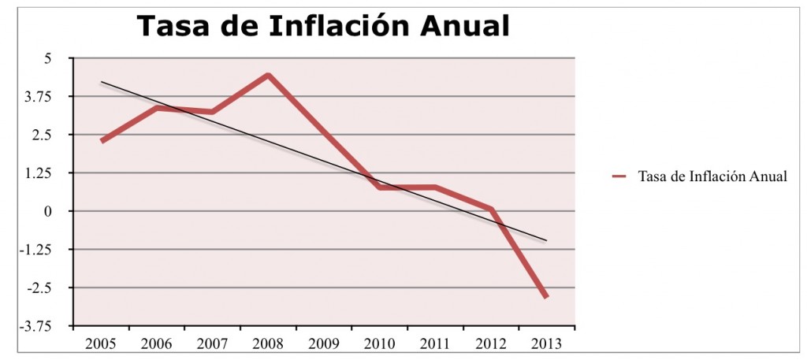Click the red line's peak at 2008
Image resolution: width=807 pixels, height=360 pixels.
[x=269, y=76]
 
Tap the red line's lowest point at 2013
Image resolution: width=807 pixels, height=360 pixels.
[x=545, y=296]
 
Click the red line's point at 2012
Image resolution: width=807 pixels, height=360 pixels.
[x=490, y=209]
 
